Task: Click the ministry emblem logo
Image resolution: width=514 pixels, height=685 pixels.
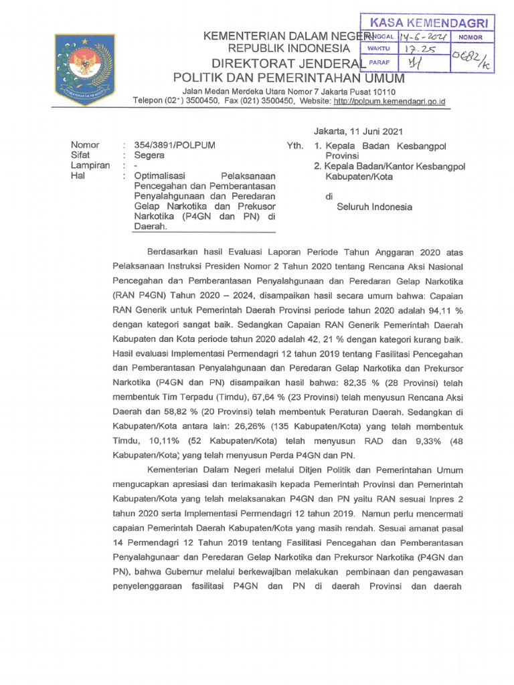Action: [x=84, y=70]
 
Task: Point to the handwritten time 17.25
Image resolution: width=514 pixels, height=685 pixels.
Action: [x=418, y=50]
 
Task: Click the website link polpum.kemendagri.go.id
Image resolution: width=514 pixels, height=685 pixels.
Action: [x=390, y=102]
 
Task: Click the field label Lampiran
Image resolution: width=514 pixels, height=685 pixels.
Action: [x=90, y=165]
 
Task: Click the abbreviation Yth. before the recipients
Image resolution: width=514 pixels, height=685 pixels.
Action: [x=294, y=145]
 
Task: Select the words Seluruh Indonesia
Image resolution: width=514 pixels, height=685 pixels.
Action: [x=374, y=207]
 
